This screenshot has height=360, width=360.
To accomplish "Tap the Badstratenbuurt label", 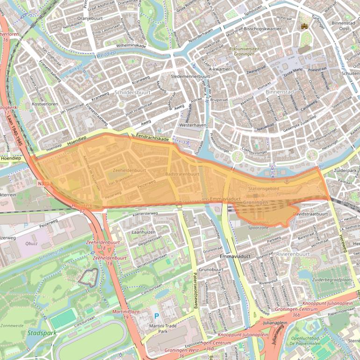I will tap(182, 174).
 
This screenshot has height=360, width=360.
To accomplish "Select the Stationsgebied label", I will tap(264, 189).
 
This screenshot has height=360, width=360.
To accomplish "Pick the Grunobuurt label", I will tap(211, 270).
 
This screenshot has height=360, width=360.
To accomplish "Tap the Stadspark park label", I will tap(42, 333).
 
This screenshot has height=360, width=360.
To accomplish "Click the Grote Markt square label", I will tap(295, 73).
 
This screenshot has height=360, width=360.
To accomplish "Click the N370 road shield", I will tap(42, 184).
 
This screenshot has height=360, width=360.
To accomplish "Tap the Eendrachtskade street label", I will tap(152, 139).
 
